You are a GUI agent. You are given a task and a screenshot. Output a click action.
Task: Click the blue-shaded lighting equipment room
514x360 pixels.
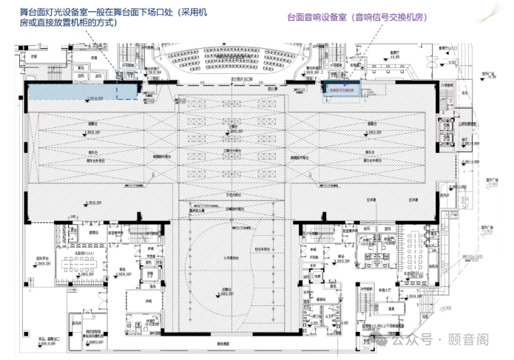tap(83, 91)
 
